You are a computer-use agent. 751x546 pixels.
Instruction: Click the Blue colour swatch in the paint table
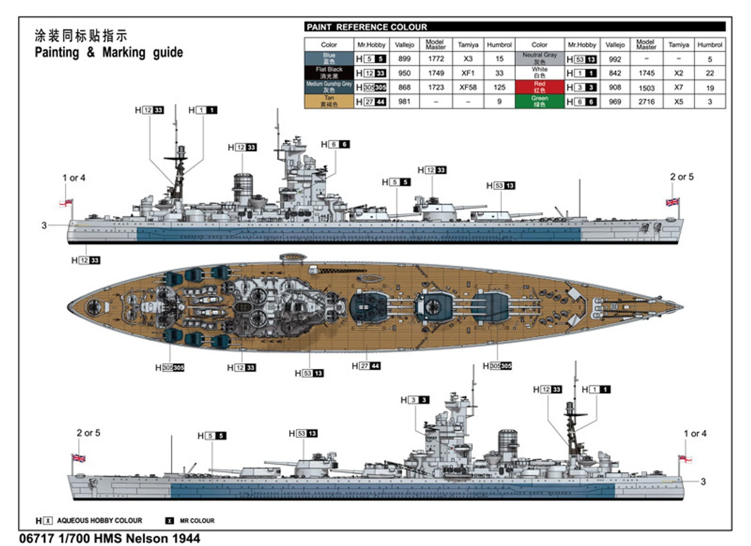click(x=329, y=59)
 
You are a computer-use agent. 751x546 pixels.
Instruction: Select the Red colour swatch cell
click(x=539, y=87)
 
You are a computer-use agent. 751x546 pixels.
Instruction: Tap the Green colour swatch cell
click(x=539, y=101)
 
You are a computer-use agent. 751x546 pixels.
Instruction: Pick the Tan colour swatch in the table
click(x=329, y=101)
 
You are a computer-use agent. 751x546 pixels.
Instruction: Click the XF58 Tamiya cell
click(x=468, y=87)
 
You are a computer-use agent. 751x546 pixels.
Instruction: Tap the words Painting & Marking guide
click(x=109, y=53)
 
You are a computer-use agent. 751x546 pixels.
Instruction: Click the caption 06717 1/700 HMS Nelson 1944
click(x=110, y=538)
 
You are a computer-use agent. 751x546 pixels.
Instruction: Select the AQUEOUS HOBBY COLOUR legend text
click(x=99, y=520)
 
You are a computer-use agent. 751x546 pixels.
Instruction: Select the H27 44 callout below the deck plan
click(x=366, y=366)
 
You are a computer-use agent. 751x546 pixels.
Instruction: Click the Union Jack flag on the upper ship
click(x=672, y=202)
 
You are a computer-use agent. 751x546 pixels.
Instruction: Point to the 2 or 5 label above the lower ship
click(x=89, y=433)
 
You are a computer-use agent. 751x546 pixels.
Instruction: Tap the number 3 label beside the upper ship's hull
click(x=44, y=225)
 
